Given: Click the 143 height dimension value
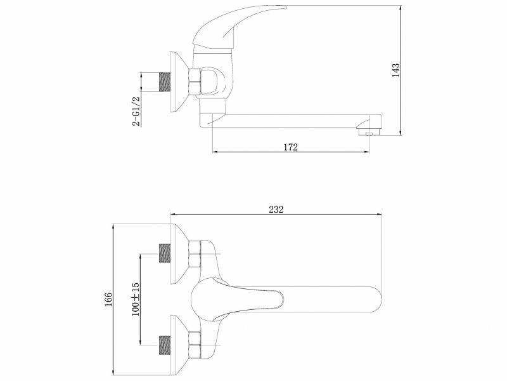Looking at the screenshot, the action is pos(395,70).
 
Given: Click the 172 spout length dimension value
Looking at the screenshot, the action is pos(291,147).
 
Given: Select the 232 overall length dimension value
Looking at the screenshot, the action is pos(276,210).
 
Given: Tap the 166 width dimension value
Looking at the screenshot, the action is pos(108,299).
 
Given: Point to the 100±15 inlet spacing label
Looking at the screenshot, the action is pos(136,299).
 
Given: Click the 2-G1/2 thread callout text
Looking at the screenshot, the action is pos(136,110).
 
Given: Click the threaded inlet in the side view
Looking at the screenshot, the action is pos(165,82).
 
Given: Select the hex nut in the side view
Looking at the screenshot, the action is pos(195,82).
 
